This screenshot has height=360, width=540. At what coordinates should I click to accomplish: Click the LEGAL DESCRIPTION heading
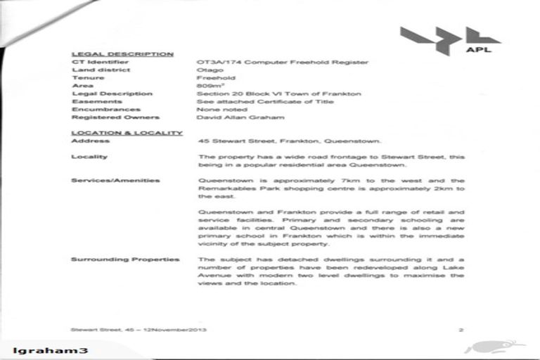point(122,53)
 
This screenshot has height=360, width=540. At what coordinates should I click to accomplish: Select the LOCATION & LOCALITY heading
point(127,133)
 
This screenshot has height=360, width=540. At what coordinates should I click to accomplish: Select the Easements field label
point(96,101)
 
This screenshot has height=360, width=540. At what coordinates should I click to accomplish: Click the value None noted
point(222,109)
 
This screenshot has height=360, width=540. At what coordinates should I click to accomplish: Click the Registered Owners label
point(115,117)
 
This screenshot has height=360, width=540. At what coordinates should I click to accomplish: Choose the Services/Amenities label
point(115,181)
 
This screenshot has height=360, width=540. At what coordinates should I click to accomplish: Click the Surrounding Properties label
point(124,259)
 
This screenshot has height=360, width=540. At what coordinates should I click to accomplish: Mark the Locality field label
point(89,157)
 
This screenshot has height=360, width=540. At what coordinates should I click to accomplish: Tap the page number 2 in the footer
point(461,329)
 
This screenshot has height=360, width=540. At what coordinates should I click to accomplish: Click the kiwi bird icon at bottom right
point(492,347)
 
